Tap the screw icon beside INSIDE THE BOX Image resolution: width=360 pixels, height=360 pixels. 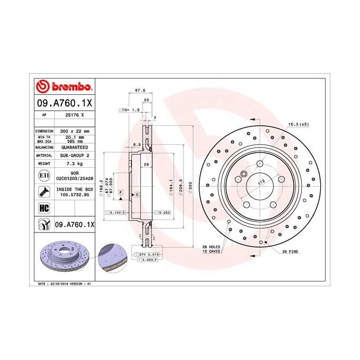coord(43,192)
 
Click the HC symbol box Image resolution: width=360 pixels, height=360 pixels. coord(43,208)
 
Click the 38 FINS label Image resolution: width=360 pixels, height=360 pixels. coord(289,251)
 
